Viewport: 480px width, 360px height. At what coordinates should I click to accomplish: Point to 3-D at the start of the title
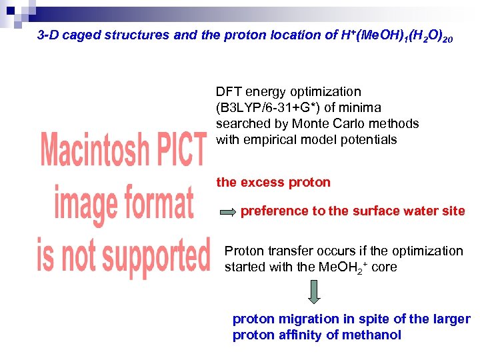coord(51,35)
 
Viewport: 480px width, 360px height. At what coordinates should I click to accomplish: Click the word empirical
coord(267,140)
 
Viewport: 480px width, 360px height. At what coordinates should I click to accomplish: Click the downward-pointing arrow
coord(315,291)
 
